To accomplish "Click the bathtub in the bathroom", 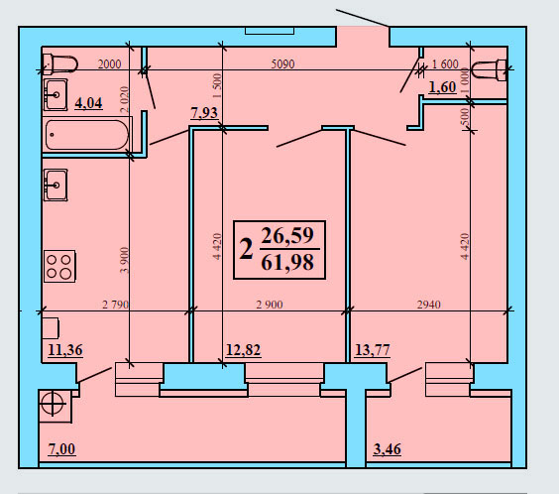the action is (87, 135).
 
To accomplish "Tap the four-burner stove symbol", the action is (59, 266).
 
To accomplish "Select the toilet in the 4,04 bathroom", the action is (59, 64).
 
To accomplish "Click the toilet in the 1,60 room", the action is (489, 69).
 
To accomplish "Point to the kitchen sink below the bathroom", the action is (56, 185).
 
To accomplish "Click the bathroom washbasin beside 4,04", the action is (56, 95).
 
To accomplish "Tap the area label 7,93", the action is (204, 113).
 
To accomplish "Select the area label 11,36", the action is (65, 350).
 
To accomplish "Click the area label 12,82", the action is (244, 350).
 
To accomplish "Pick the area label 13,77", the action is (373, 350).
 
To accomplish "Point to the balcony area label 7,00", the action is (61, 449).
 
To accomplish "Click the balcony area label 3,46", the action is (388, 449).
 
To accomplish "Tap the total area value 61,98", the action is (287, 262).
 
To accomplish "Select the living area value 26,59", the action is (287, 235).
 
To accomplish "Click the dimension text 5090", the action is (282, 63).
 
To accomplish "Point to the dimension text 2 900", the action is (270, 305).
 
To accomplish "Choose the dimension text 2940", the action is (429, 305).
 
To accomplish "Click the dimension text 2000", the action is (109, 63).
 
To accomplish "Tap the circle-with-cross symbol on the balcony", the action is (53, 404).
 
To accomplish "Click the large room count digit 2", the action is (247, 249).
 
